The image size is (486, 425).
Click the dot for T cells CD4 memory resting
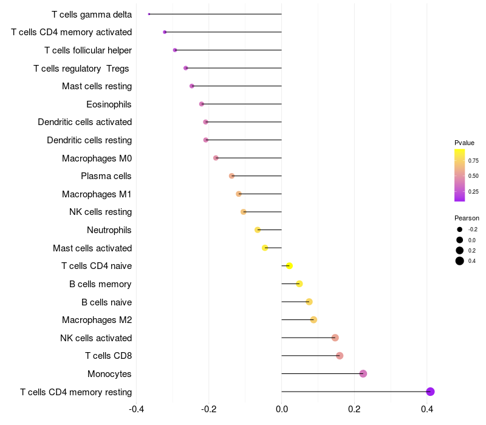click(430, 392)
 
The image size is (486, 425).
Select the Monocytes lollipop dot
click(363, 373)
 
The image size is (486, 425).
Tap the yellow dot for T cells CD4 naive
click(289, 266)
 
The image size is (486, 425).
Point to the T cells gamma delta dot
click(149, 14)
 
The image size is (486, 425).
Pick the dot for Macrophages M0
click(216, 158)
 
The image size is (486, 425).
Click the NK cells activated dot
click(335, 338)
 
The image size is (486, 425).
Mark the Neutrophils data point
click(258, 230)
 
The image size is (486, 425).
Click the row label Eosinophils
click(109, 104)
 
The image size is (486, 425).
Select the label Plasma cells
click(106, 176)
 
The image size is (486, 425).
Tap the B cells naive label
click(106, 302)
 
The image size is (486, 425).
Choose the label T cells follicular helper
click(88, 50)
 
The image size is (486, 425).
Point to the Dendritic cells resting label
click(89, 140)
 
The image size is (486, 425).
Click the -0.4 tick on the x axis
click(136, 409)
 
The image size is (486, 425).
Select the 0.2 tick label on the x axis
click(354, 409)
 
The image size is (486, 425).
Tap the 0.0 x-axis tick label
click(282, 409)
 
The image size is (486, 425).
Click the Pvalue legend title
click(464, 143)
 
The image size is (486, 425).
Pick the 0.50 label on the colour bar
click(473, 176)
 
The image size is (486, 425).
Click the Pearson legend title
click(467, 218)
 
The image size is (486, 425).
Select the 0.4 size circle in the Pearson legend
click(460, 261)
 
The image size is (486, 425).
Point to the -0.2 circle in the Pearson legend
click(460, 229)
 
